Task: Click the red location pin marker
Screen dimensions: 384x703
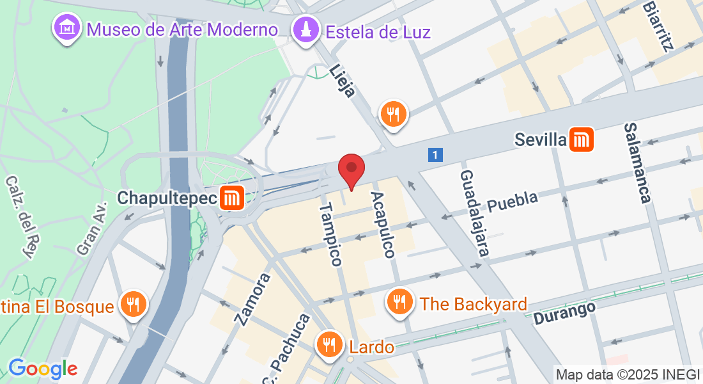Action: click(351, 169)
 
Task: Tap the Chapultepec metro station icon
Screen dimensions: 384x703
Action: click(231, 198)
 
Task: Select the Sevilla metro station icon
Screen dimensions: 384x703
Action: click(582, 140)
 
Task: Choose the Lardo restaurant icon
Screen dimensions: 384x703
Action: click(330, 346)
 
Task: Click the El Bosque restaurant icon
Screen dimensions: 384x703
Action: click(133, 305)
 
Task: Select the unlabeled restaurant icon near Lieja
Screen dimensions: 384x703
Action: click(393, 115)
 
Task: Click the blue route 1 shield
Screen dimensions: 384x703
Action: click(435, 154)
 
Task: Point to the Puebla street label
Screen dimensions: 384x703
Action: click(513, 200)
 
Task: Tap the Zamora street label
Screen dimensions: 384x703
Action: click(252, 299)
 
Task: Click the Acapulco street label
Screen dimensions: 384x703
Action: click(382, 225)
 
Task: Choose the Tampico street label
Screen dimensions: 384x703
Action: click(331, 234)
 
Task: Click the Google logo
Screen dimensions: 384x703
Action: click(43, 369)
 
